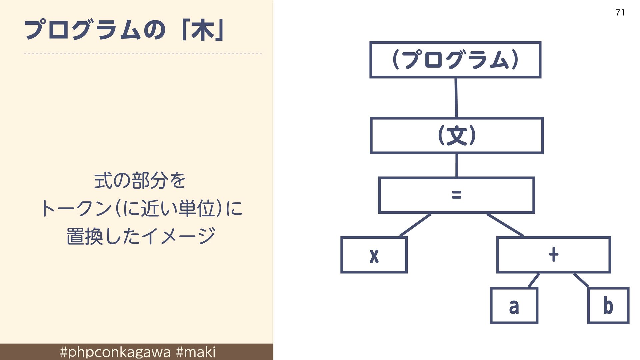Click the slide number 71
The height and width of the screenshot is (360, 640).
620,13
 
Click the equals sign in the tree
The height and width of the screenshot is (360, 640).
457,195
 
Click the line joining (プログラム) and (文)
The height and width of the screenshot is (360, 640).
456,98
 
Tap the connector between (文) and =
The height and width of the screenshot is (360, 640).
457,165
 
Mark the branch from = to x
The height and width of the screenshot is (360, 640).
415,225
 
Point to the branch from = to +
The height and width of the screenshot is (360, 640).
505,225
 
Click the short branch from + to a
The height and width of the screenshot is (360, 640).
534,280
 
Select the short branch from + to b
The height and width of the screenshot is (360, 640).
581,280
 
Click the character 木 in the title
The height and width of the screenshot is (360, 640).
202,31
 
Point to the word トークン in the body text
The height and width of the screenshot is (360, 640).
76,209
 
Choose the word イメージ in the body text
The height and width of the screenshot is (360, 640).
178,236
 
